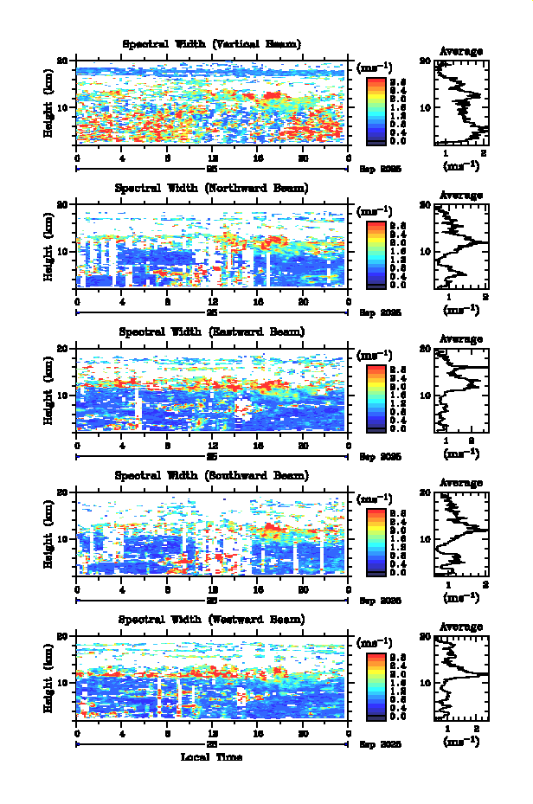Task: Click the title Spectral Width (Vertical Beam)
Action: pyautogui.click(x=212, y=44)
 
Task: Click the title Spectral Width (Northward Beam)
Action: pyautogui.click(x=212, y=188)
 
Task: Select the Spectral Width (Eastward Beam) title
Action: pyautogui.click(x=212, y=331)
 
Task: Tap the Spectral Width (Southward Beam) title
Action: pyautogui.click(x=212, y=475)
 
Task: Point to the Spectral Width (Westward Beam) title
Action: pyautogui.click(x=212, y=620)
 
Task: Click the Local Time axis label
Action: pyautogui.click(x=212, y=757)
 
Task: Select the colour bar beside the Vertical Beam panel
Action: pyautogui.click(x=376, y=109)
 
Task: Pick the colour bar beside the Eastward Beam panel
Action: pyautogui.click(x=376, y=397)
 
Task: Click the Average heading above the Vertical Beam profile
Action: pyautogui.click(x=461, y=52)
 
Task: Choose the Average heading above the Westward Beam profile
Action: pyautogui.click(x=461, y=627)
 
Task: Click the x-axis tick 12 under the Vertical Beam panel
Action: pyautogui.click(x=213, y=158)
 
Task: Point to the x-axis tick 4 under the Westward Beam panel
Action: pyautogui.click(x=122, y=733)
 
